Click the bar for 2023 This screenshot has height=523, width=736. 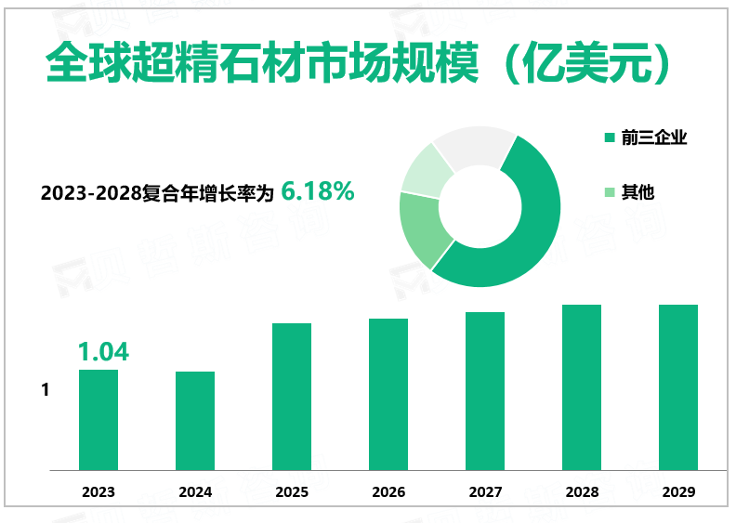(x=99, y=420)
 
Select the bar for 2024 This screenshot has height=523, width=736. (x=195, y=421)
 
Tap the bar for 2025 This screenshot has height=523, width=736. (x=292, y=397)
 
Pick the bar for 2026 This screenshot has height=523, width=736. (x=388, y=394)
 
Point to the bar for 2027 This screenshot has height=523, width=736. (x=485, y=391)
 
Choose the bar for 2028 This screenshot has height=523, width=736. (x=582, y=387)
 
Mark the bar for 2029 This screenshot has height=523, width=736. (x=678, y=387)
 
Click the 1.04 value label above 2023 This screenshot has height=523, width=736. (x=102, y=352)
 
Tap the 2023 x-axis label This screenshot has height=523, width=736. (x=99, y=492)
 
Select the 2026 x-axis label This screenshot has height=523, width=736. (x=388, y=492)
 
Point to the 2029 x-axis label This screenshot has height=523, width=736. (x=678, y=492)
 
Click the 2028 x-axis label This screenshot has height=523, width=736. (x=582, y=492)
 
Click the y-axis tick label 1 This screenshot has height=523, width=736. (x=45, y=390)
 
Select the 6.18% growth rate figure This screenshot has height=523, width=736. (x=317, y=191)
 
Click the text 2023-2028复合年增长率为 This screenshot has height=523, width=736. (x=158, y=193)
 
